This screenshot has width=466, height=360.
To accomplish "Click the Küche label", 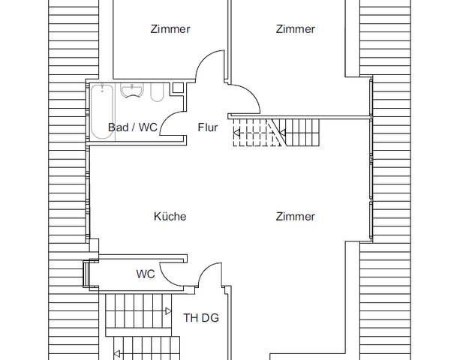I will click(170, 217).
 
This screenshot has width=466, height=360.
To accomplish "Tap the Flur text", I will click(208, 127).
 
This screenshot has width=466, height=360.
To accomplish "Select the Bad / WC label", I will click(133, 127).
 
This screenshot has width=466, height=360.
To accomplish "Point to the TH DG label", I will click(201, 318).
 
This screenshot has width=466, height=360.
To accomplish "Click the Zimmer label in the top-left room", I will click(170, 29).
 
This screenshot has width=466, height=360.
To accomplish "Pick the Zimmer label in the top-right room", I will click(295, 29).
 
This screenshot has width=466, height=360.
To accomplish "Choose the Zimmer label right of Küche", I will click(295, 217).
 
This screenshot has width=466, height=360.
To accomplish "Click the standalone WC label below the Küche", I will click(146, 274).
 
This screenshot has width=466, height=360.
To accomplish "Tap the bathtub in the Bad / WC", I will click(100, 112).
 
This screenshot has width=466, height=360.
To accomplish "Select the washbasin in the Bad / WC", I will click(132, 91).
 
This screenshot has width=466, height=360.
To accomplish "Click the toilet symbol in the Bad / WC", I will click(157, 92).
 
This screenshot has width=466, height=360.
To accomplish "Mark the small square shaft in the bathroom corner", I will click(177, 88).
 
